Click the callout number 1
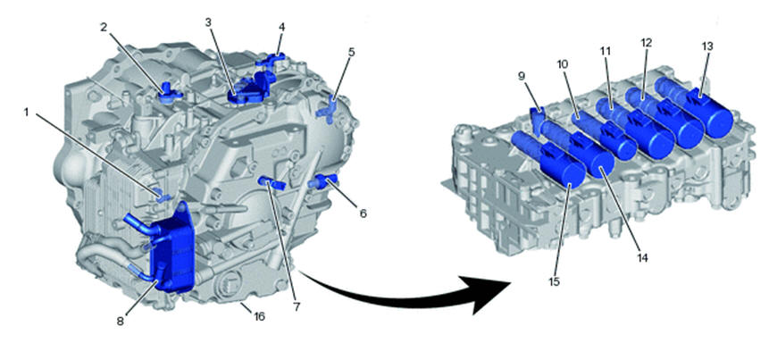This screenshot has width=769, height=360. (x=27, y=113)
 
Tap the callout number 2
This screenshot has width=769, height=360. (x=104, y=27)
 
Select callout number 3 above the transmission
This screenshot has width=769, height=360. (x=208, y=22)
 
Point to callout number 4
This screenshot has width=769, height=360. (x=281, y=27)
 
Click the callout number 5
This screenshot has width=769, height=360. (x=352, y=52)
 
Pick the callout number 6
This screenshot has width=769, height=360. (x=363, y=213)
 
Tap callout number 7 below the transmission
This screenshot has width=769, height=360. (x=297, y=307)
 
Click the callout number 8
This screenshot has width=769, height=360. (x=121, y=322)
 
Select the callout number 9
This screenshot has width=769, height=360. (x=522, y=76)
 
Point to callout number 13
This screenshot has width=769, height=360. (x=707, y=46)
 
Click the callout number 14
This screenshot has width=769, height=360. (x=642, y=257)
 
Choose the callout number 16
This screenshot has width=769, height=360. (x=258, y=316)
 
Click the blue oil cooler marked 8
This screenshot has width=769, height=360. (x=172, y=250)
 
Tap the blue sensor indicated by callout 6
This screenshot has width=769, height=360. (x=322, y=181)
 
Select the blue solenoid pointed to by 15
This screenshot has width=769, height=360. (x=548, y=158)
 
